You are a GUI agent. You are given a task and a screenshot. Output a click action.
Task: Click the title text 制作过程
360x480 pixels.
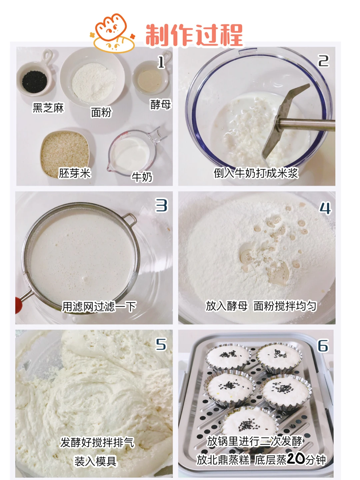point(194,35)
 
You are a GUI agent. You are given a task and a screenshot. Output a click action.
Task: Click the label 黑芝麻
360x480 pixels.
point(48,108)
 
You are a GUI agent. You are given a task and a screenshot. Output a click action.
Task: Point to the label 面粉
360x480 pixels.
point(101,112)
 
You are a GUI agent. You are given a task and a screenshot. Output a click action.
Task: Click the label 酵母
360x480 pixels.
point(161,104)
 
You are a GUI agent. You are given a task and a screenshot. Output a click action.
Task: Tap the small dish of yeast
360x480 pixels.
point(151,77)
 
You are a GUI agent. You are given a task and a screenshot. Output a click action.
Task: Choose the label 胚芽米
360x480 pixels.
point(75,173)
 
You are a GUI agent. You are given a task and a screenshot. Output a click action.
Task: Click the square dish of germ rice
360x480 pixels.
point(65,154)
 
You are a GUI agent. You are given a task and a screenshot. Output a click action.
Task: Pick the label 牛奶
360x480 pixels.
point(142,177)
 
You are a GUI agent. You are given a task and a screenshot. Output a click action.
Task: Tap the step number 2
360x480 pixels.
point(323,61)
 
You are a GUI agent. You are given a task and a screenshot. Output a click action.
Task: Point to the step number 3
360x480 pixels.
point(161,205)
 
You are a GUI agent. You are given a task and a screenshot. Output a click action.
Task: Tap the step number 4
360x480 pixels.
point(325,208)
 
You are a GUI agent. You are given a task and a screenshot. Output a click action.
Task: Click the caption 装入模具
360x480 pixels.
point(96,461)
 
